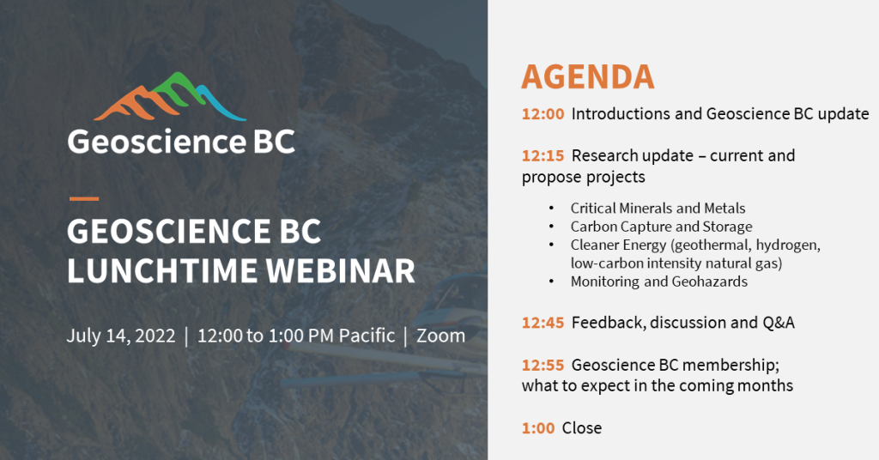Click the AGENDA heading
click(587, 76)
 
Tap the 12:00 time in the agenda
click(543, 114)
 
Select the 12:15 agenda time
click(543, 155)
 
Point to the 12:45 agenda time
click(543, 323)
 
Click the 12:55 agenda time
click(543, 365)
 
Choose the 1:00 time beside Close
click(538, 428)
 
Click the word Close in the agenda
click(582, 428)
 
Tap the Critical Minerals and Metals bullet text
click(658, 209)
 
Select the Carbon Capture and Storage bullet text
click(662, 227)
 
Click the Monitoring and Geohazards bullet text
click(659, 281)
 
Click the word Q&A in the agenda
click(779, 323)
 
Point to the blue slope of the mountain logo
click(221, 104)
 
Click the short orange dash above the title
click(83, 198)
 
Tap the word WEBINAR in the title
click(340, 270)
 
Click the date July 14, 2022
click(121, 336)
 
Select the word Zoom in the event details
click(440, 336)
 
